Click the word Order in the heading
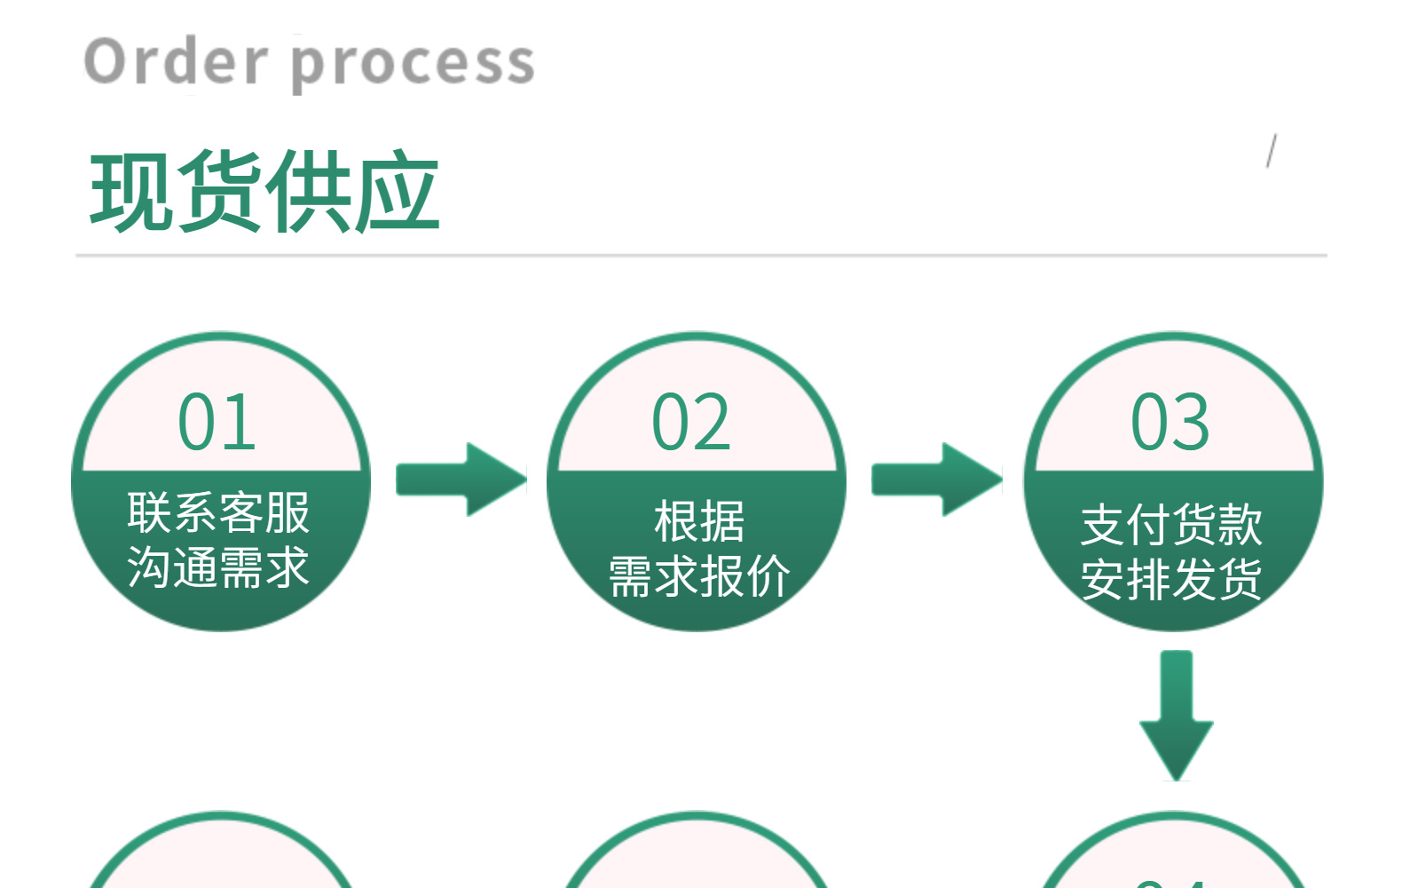[175, 61]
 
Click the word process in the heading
[413, 64]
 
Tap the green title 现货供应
[264, 192]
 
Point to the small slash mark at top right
[1272, 151]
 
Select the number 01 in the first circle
[217, 422]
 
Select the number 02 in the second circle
[691, 422]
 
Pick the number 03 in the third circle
[1170, 422]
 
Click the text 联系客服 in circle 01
[218, 512]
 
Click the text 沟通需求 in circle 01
[218, 567]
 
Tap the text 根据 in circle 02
[699, 521]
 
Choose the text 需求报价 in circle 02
[699, 576]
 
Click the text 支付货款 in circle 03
[1171, 524]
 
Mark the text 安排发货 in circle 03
[1171, 579]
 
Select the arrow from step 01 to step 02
[461, 480]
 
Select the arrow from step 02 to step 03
[937, 480]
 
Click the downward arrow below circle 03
[1176, 715]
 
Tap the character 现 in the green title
[133, 192]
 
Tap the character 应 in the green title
[398, 192]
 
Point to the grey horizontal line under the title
[701, 255]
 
